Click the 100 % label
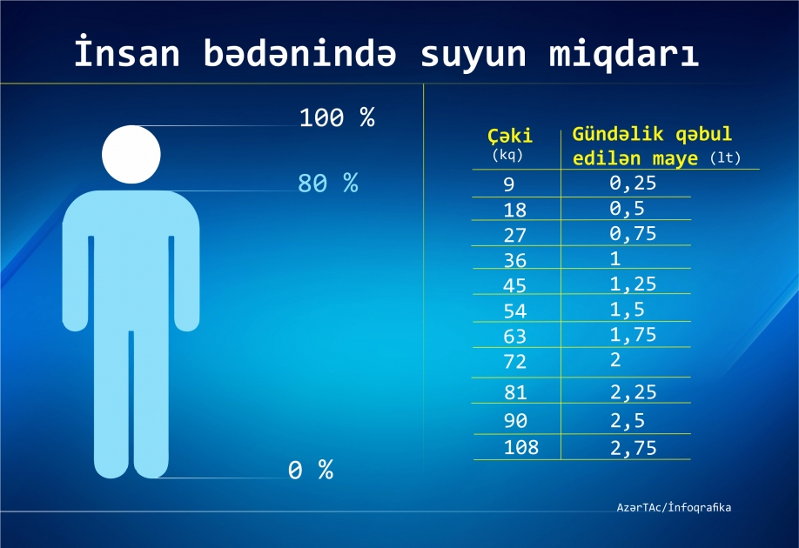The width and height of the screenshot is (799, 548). point(336,118)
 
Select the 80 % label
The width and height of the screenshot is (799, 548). point(327,184)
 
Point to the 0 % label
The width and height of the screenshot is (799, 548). point(311,471)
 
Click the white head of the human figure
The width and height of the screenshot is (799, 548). point(131,155)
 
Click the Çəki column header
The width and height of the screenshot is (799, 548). point(510,137)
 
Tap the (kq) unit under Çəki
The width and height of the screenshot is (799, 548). point(509,155)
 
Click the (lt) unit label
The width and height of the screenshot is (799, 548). point(725,159)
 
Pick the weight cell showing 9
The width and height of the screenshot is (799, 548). point(509,184)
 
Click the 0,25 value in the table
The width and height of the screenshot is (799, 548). point(633,183)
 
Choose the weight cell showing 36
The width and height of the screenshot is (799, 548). point(515,260)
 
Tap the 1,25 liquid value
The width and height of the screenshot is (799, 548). point(633,284)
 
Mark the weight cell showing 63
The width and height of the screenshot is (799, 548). point(515,337)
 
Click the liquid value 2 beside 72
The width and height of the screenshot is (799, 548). point(616,359)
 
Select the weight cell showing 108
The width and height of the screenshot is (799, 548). point(521,448)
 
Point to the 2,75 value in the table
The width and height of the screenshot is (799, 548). point(633,448)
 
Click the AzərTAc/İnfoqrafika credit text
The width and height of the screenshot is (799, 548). point(674,506)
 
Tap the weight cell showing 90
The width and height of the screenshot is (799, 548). point(515,421)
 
